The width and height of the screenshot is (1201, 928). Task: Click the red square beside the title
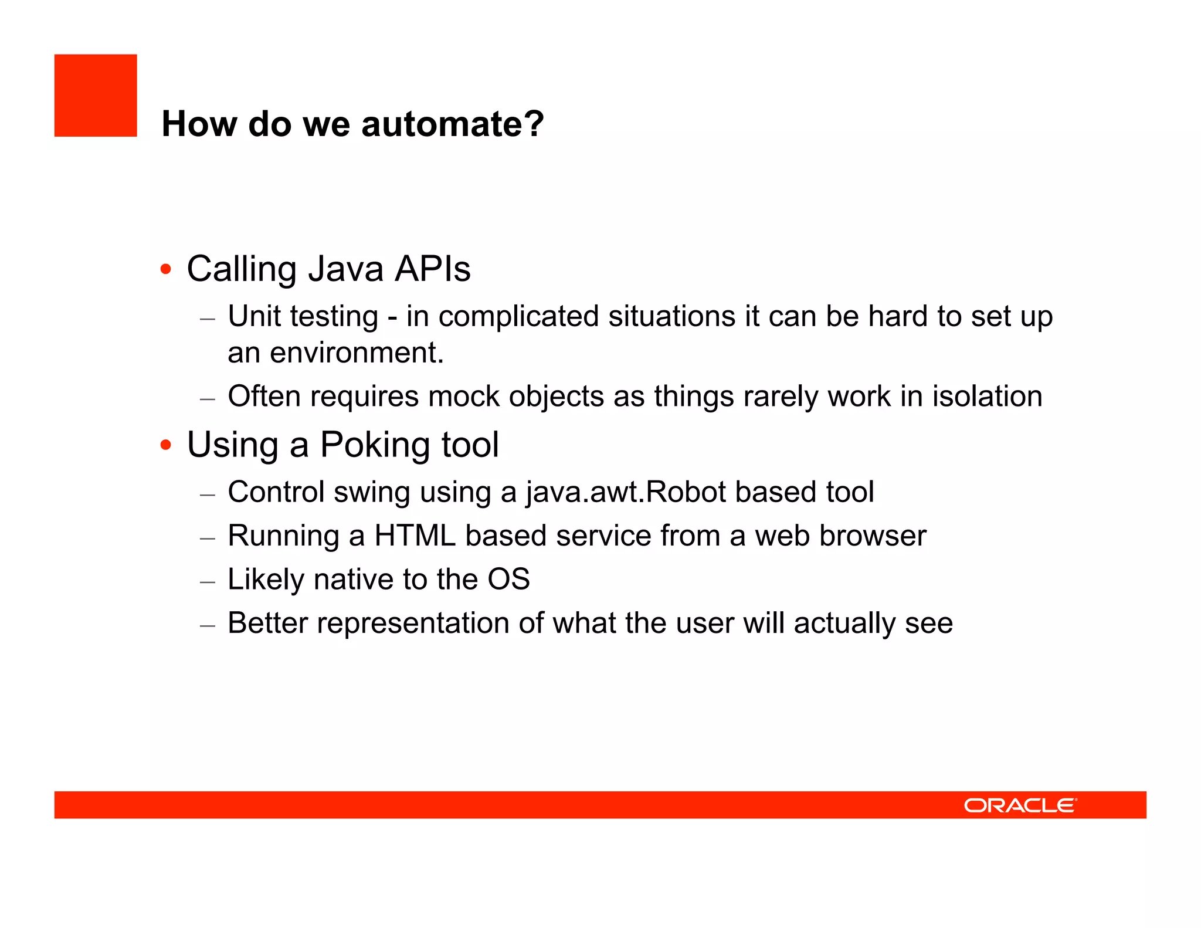pos(96,96)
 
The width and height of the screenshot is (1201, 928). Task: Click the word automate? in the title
pos(452,124)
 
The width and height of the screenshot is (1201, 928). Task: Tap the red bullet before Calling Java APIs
pos(166,269)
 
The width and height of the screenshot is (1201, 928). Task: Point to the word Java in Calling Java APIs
pos(346,269)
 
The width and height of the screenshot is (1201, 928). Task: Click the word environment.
pos(356,353)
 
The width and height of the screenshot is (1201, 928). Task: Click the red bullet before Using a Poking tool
pos(166,445)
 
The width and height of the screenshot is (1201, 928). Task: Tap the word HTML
pos(415,536)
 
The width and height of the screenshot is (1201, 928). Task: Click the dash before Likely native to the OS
pos(208,582)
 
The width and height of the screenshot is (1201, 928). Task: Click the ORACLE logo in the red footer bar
pos(1020,805)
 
